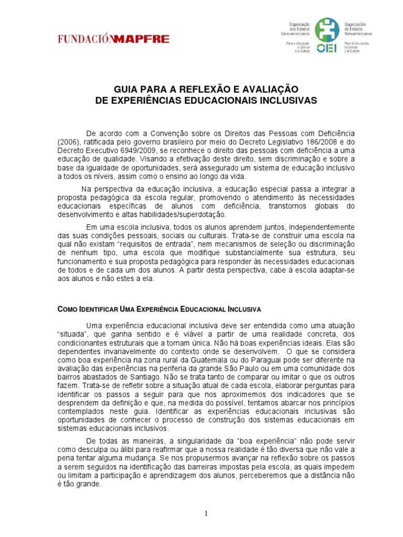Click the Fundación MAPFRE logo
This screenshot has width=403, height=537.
pos(106,39)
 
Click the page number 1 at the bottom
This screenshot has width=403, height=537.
pos(207,513)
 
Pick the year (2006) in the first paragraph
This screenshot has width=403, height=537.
pos(68,141)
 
